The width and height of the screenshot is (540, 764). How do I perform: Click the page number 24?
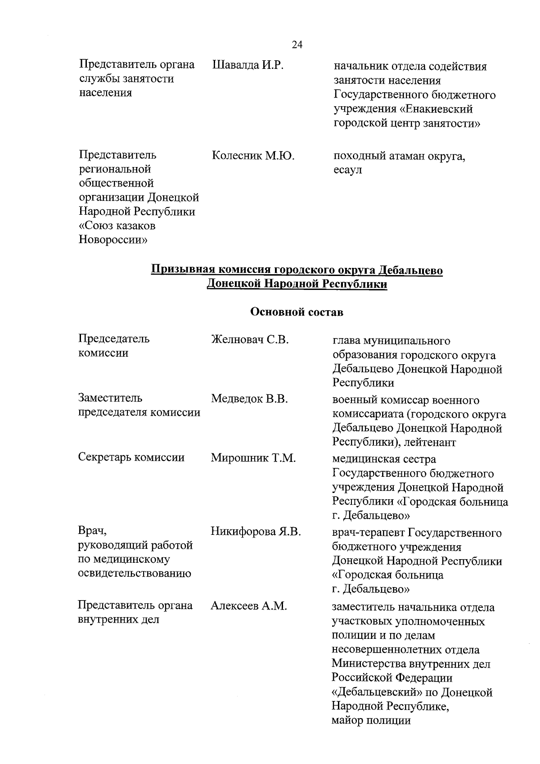pyautogui.click(x=297, y=45)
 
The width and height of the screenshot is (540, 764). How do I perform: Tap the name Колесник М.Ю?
pyautogui.click(x=252, y=156)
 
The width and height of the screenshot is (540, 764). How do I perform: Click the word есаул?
pyautogui.click(x=347, y=171)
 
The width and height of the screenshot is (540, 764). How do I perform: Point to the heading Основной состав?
pyautogui.click(x=297, y=312)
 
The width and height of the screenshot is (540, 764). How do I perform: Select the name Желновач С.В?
pyautogui.click(x=249, y=339)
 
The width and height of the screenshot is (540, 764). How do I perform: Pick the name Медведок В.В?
pyautogui.click(x=249, y=399)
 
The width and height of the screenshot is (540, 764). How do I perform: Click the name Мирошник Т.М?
pyautogui.click(x=253, y=458)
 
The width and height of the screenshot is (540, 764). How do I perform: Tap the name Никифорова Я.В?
pyautogui.click(x=256, y=532)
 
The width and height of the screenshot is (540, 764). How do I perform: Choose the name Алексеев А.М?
pyautogui.click(x=248, y=606)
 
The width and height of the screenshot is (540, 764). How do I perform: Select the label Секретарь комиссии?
pyautogui.click(x=131, y=458)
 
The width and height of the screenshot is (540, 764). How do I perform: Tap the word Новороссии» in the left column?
pyautogui.click(x=113, y=240)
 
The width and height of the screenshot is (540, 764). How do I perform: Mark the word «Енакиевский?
pyautogui.click(x=436, y=109)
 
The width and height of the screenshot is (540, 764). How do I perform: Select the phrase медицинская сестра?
pyautogui.click(x=384, y=460)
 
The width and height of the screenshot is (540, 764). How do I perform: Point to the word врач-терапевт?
pyautogui.click(x=369, y=533)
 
